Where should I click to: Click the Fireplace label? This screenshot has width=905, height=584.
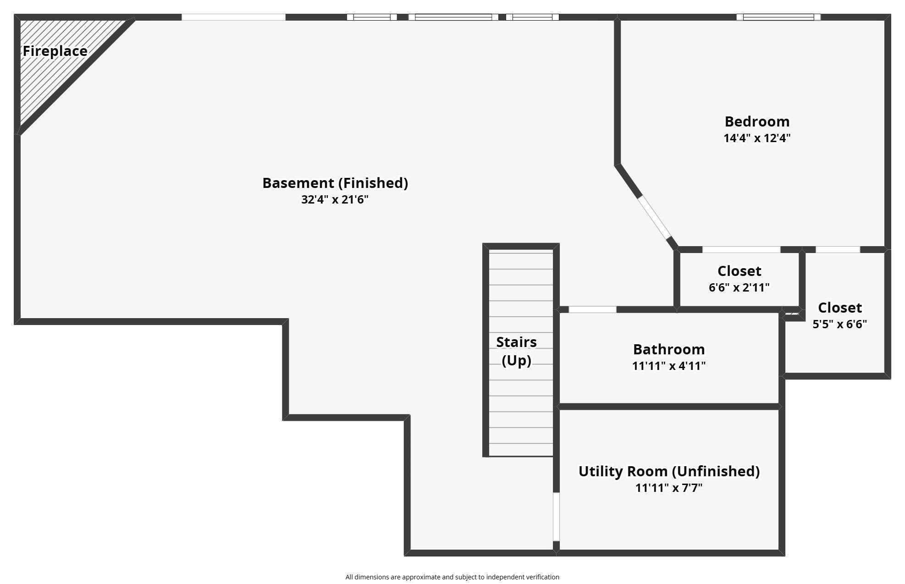coord(55,51)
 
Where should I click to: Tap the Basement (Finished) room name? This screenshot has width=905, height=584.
coord(335,183)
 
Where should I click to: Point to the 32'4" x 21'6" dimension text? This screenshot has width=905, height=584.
coord(335,199)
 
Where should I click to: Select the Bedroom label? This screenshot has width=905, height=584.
coord(757,121)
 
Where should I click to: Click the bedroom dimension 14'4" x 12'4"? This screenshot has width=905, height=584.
coord(757,138)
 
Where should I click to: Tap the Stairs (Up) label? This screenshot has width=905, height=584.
coord(516,351)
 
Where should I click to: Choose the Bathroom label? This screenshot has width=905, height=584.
coord(669,349)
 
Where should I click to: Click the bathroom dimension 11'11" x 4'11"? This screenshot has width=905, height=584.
coord(669,366)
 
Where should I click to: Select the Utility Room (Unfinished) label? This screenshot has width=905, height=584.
coord(669,471)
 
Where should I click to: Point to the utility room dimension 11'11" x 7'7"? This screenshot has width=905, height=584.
coord(669,488)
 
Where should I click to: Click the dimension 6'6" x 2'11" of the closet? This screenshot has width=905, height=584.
coord(739,287)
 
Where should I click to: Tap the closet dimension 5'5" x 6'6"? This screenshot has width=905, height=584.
coord(839,324)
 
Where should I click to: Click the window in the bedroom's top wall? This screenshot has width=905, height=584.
coord(778,17)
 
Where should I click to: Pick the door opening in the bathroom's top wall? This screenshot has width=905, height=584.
coord(592,309)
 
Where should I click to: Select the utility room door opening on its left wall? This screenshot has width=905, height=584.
coord(556,517)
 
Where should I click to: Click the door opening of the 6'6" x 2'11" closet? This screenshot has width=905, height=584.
coord(741,250)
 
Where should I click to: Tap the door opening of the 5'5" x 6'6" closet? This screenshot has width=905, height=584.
coord(838,250)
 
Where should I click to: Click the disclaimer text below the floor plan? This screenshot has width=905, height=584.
coord(452,577)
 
